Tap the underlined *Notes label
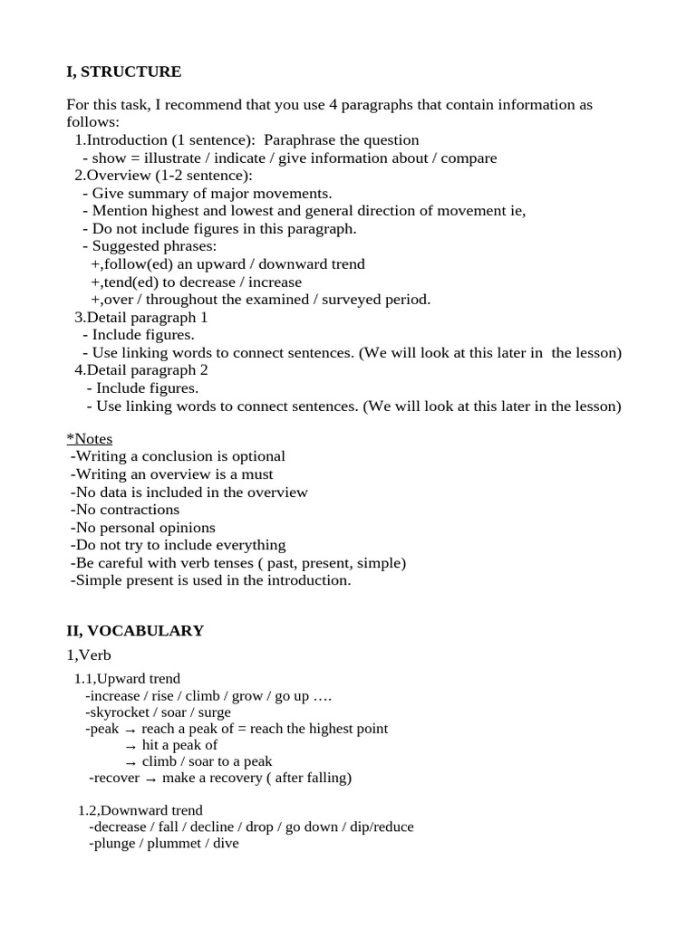[x=90, y=439]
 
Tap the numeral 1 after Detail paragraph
[x=204, y=318]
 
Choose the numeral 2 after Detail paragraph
[x=204, y=370]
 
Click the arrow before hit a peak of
[x=130, y=746]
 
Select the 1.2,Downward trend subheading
[x=140, y=810]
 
